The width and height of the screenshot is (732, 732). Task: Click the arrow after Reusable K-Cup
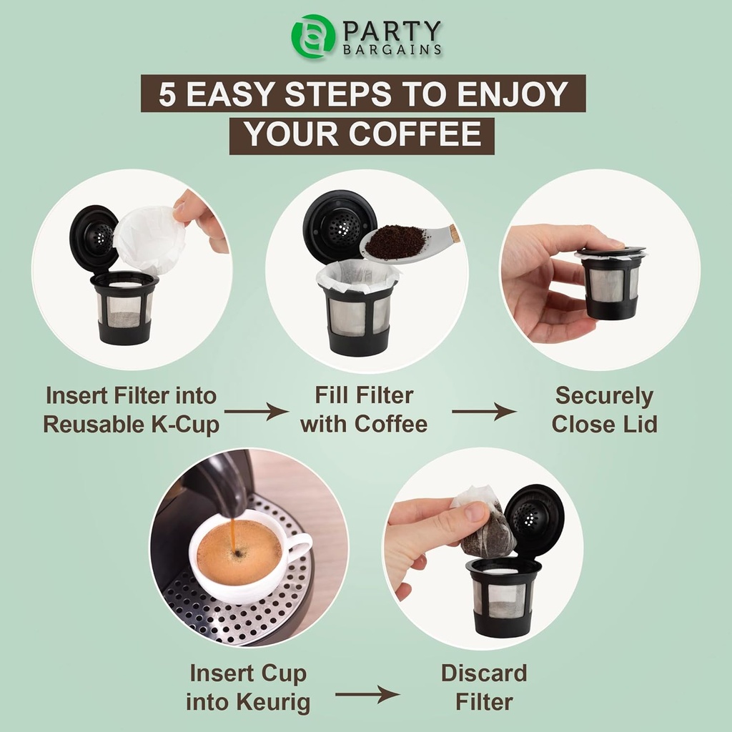coord(256,411)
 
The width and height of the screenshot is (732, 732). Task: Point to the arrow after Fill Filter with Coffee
coord(484,411)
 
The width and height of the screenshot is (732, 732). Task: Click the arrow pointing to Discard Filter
coord(367,693)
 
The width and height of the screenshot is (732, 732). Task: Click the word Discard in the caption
coord(483,673)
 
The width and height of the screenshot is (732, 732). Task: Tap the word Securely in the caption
coord(604,395)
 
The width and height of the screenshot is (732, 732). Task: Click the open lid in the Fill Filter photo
coord(339,226)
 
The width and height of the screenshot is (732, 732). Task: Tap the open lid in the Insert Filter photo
coord(94,237)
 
